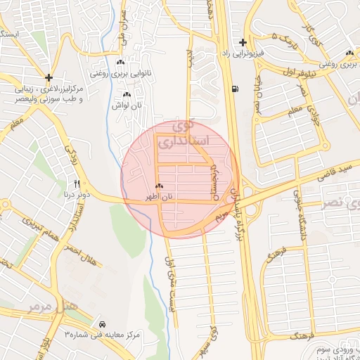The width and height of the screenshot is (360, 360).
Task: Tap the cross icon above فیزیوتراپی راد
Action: click(243, 43)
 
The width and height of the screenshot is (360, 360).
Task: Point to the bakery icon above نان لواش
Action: click(127, 95)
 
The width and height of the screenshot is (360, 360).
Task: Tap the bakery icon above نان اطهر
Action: click(159, 187)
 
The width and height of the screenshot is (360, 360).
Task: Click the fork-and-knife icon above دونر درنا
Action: click(77, 183)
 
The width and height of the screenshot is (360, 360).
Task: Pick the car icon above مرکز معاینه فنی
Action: click(103, 324)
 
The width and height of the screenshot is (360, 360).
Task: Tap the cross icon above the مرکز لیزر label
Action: click(48, 77)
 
